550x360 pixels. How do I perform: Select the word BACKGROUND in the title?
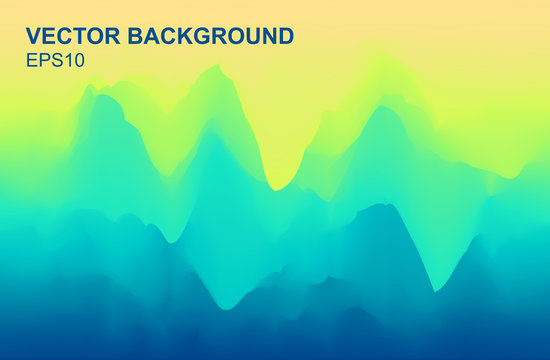tap(211, 37)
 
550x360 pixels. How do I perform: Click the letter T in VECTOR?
tap(78, 37)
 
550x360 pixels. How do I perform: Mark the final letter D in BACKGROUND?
tap(285, 37)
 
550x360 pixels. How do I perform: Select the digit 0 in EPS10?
tap(78, 60)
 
